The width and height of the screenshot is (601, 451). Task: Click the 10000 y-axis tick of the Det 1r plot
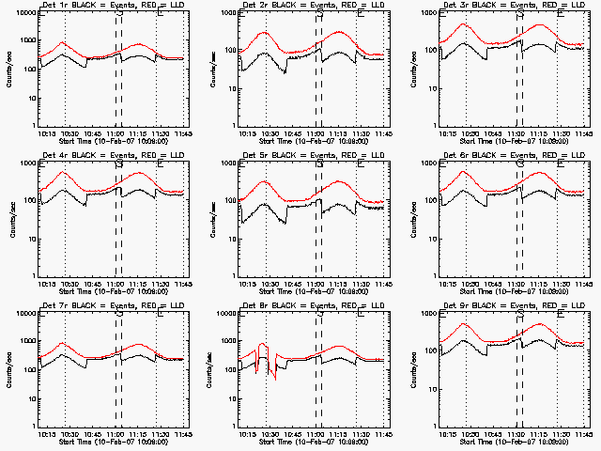pyautogui.click(x=24, y=13)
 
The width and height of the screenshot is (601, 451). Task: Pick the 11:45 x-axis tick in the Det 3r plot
pyautogui.click(x=583, y=133)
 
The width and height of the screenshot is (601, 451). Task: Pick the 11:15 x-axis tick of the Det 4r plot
pyautogui.click(x=137, y=284)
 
